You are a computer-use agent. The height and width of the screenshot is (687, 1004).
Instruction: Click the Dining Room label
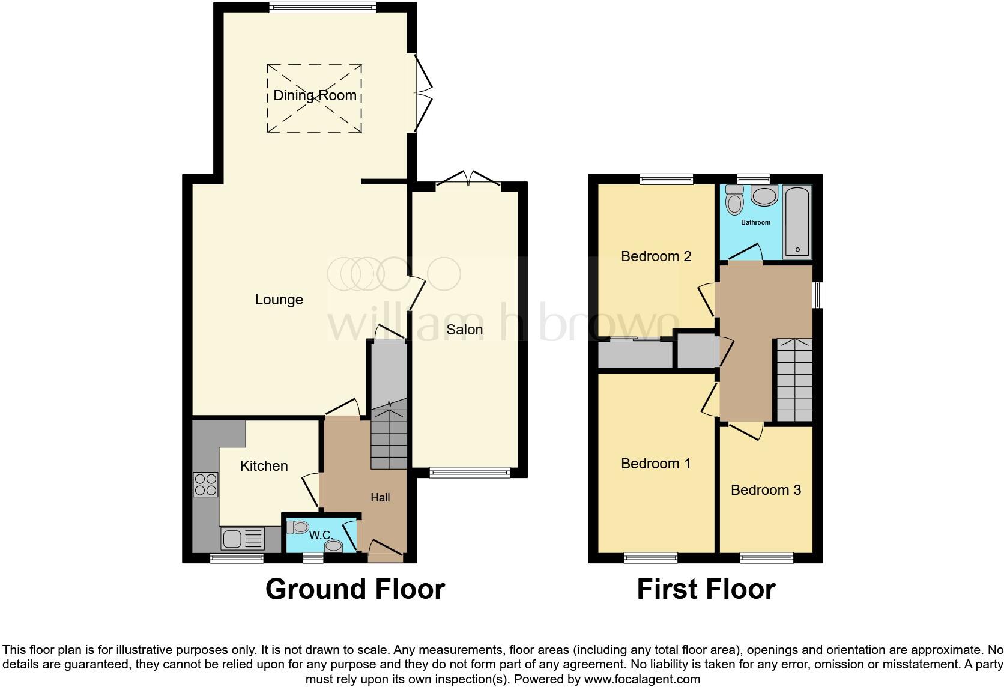[315, 95]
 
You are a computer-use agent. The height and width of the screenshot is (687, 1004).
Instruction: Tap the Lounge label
[279, 300]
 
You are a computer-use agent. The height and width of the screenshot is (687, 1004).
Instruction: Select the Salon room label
[464, 330]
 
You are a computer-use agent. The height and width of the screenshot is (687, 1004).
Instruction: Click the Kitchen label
[264, 466]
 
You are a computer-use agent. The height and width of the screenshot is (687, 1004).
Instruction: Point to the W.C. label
[321, 534]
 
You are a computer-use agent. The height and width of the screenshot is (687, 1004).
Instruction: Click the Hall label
[380, 497]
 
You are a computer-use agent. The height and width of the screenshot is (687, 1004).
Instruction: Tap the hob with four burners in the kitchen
[205, 485]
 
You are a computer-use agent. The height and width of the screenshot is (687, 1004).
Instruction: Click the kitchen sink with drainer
[243, 538]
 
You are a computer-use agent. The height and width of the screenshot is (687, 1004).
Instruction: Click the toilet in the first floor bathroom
[734, 200]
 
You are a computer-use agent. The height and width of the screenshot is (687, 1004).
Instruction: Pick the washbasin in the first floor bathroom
[764, 196]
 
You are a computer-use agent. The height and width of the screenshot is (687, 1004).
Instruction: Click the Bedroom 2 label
[656, 256]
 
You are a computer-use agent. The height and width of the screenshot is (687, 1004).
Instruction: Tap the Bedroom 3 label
[766, 490]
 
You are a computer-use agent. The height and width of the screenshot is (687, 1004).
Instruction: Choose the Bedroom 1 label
[656, 464]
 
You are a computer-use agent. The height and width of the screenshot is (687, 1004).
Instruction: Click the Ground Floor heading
[355, 589]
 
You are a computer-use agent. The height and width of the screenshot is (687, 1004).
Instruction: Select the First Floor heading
[706, 589]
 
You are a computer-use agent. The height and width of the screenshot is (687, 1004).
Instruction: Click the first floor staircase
[794, 380]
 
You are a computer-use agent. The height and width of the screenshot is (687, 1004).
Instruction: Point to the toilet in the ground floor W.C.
[298, 527]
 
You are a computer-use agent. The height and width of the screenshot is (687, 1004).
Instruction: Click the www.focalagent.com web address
[641, 679]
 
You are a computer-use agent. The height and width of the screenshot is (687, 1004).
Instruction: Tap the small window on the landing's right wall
[817, 295]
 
